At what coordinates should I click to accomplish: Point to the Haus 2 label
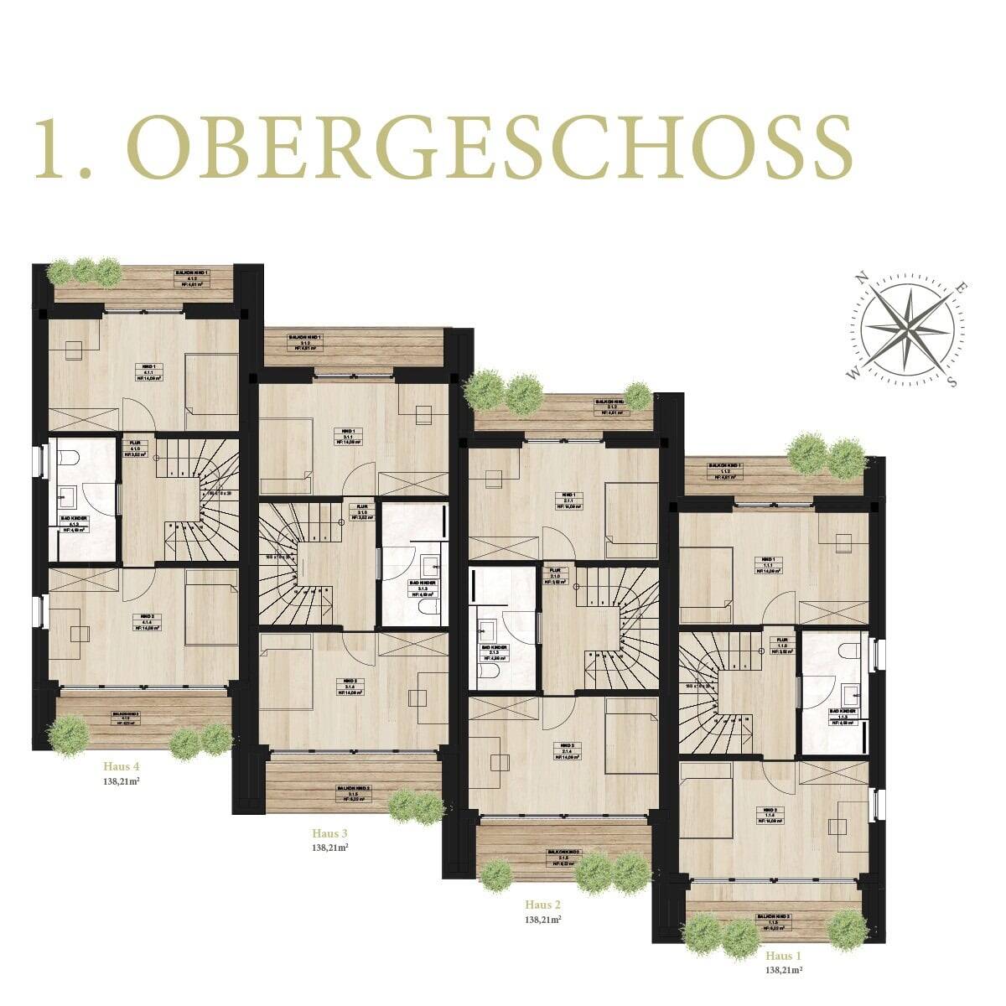click(x=542, y=905)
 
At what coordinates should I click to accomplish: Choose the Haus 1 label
click(x=784, y=956)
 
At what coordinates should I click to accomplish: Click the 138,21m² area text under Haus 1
click(x=784, y=970)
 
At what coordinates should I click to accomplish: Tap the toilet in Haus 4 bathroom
click(x=70, y=459)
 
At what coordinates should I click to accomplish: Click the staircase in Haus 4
click(x=201, y=499)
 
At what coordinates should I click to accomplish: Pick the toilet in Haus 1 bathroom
click(x=847, y=651)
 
